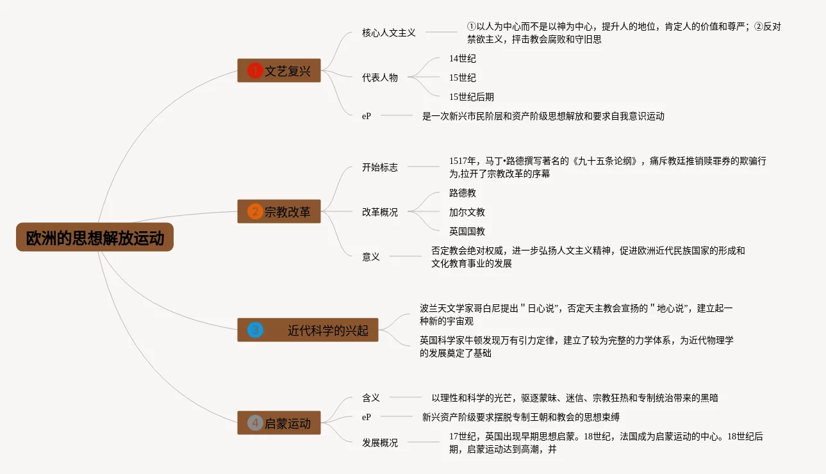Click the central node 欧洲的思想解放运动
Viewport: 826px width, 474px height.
(x=95, y=238)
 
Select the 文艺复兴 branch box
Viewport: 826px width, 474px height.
(x=279, y=70)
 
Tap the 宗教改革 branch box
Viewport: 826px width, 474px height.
(x=279, y=211)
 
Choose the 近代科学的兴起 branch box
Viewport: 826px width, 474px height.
(x=308, y=330)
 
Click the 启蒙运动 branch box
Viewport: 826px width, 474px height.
(x=279, y=423)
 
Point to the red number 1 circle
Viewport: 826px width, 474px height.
(x=255, y=70)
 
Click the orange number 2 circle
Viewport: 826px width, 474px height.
(x=255, y=211)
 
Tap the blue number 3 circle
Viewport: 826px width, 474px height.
(x=255, y=330)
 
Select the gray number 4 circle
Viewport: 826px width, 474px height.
(x=255, y=423)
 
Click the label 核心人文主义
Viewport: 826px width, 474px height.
(x=388, y=33)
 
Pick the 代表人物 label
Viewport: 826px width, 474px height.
(x=379, y=78)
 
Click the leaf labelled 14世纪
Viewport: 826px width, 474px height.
(x=462, y=58)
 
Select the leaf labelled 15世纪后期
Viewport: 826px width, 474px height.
(x=471, y=97)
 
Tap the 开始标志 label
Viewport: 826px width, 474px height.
(x=379, y=167)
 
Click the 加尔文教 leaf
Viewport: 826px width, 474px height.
(x=467, y=212)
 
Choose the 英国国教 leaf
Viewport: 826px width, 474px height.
(x=467, y=231)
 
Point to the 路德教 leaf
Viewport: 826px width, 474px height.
(x=462, y=193)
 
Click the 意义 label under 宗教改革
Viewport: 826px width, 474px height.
(x=370, y=257)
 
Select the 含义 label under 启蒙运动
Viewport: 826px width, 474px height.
(x=370, y=398)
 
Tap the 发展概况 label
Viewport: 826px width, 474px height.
(x=379, y=443)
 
